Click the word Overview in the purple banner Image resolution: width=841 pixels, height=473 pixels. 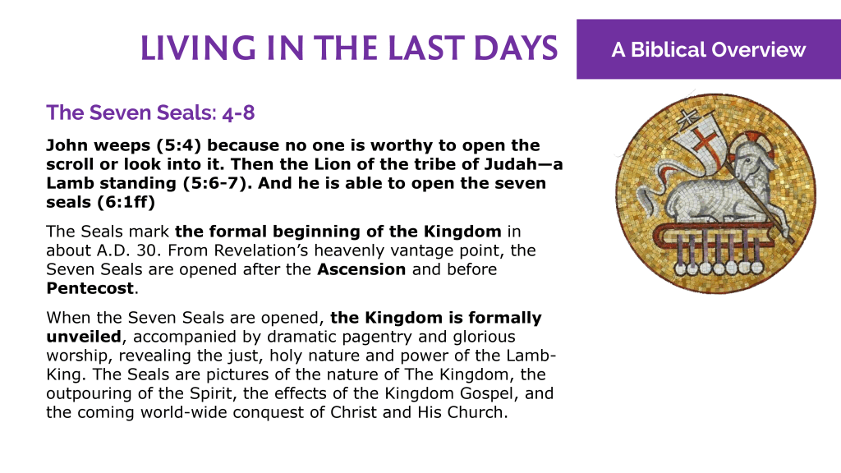pyautogui.click(x=759, y=50)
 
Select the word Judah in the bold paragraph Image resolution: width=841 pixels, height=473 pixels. pyautogui.click(x=509, y=164)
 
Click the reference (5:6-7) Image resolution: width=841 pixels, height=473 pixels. pyautogui.click(x=217, y=183)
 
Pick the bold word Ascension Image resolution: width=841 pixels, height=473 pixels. pyautogui.click(x=361, y=269)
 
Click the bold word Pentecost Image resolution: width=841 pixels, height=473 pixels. pyautogui.click(x=90, y=288)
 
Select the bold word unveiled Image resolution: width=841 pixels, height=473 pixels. pyautogui.click(x=84, y=337)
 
